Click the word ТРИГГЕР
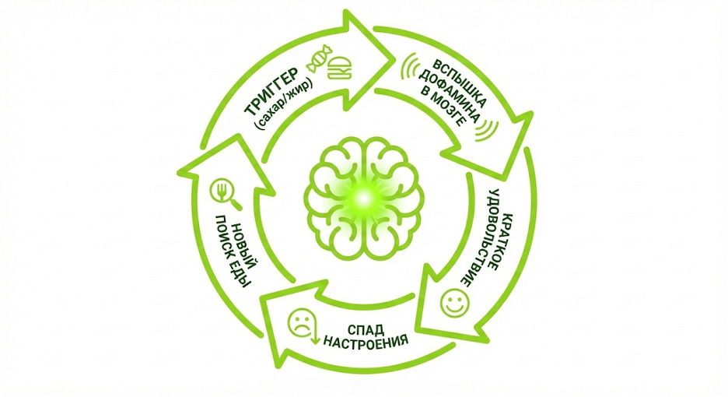point(273,95)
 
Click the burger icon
point(338,70)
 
